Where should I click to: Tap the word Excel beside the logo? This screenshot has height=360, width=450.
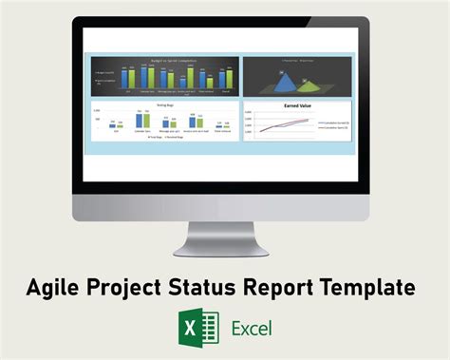click(x=252, y=329)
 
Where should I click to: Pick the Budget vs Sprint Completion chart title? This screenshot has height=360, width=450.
click(x=162, y=59)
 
